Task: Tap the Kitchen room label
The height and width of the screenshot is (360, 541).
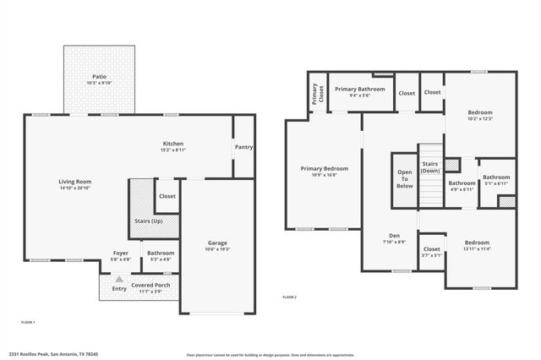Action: click(x=173, y=144)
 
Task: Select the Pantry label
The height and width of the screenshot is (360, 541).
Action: click(x=243, y=147)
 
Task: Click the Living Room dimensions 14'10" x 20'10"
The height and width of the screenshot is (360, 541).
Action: click(x=74, y=188)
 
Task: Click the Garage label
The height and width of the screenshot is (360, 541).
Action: click(x=217, y=243)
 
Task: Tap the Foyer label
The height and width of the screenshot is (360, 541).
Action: click(x=121, y=253)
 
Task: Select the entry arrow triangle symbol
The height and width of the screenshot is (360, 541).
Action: click(x=119, y=278)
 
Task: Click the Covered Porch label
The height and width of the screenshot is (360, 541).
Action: click(x=150, y=286)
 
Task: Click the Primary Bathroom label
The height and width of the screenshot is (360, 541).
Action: click(x=359, y=89)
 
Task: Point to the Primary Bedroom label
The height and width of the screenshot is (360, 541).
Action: click(x=324, y=168)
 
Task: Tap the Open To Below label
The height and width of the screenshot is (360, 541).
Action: click(x=405, y=179)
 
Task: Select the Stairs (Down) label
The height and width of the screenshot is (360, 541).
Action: click(x=430, y=167)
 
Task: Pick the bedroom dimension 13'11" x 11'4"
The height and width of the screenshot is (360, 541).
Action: click(x=476, y=249)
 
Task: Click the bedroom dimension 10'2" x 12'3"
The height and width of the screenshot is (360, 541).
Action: click(x=480, y=118)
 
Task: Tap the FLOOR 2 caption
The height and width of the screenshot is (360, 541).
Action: click(x=289, y=297)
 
